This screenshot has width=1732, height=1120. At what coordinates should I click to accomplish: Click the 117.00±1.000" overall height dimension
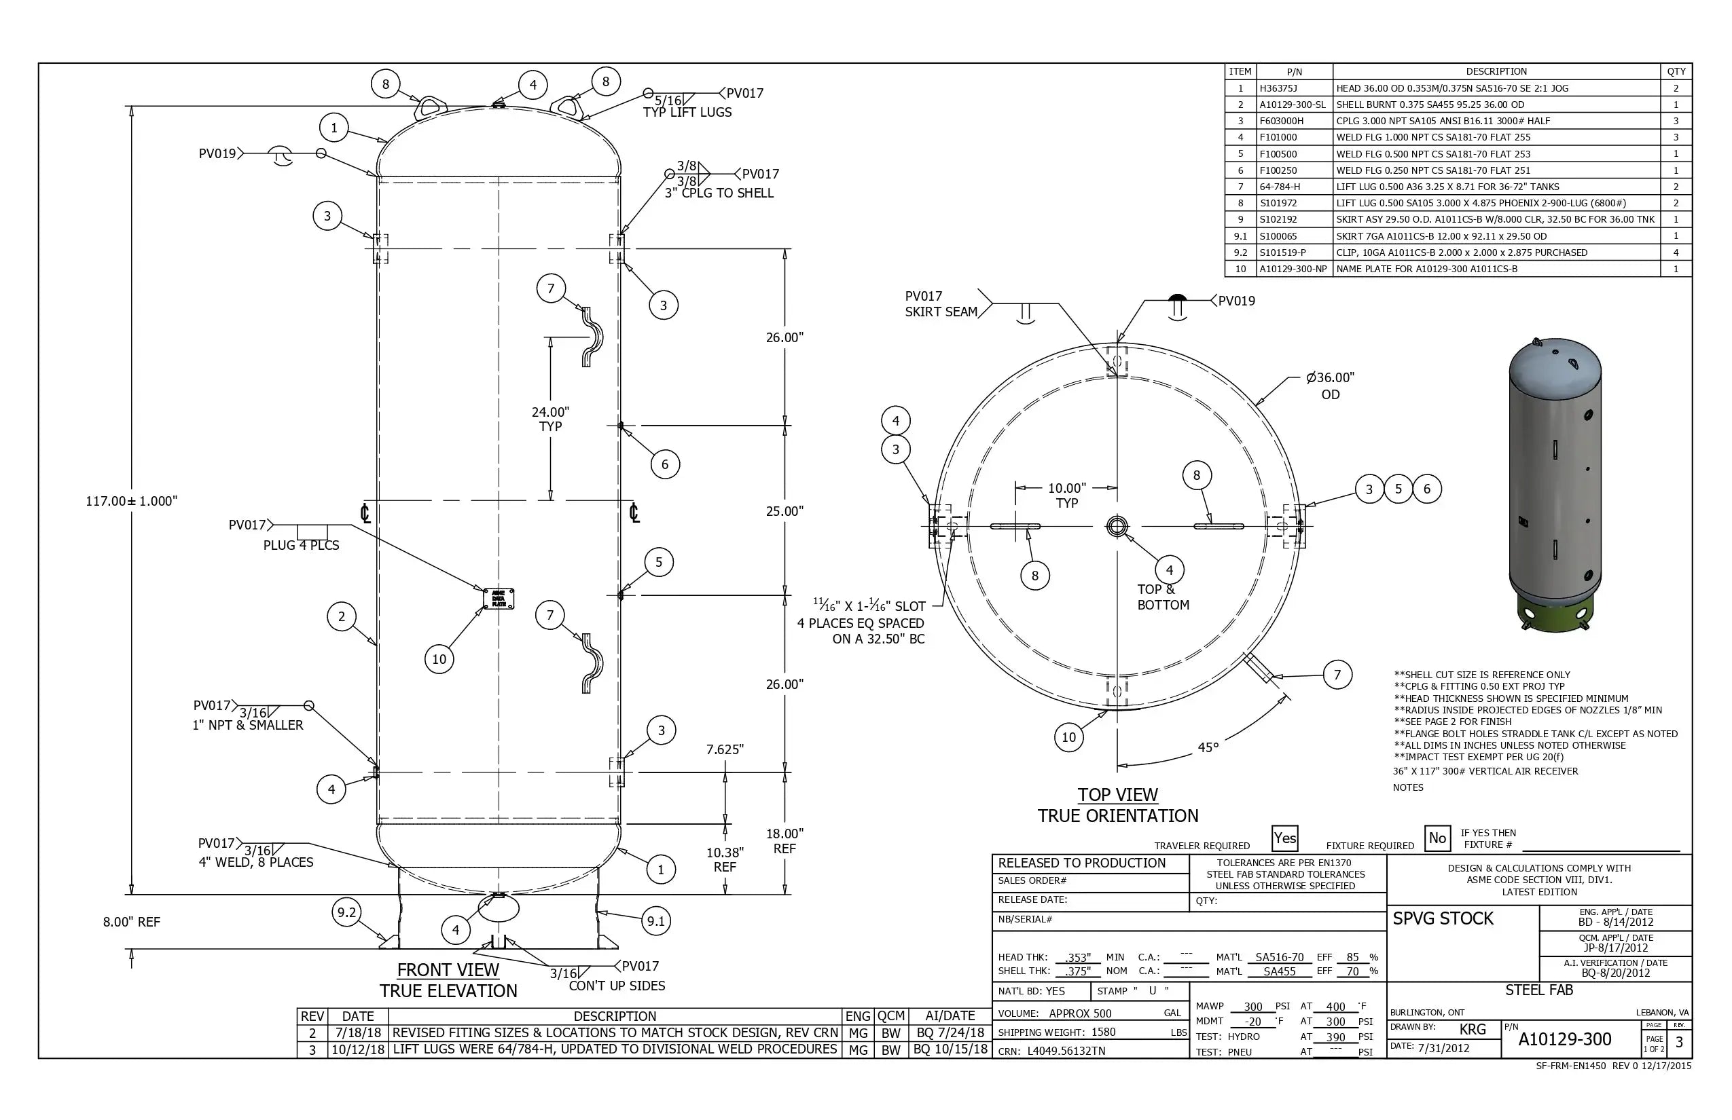click(132, 501)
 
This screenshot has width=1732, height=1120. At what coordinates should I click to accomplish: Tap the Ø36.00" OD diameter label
click(1330, 386)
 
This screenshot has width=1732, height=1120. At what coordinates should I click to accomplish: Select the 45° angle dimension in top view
click(1208, 747)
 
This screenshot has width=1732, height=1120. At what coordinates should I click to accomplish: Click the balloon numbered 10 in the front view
click(439, 659)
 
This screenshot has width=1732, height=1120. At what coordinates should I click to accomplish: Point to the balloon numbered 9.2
click(346, 913)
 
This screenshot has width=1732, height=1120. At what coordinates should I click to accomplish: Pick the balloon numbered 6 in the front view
click(664, 464)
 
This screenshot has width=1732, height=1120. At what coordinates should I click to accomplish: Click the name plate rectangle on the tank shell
click(499, 599)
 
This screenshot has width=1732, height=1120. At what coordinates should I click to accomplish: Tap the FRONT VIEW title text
click(448, 969)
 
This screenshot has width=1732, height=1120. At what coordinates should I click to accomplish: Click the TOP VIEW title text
click(1117, 795)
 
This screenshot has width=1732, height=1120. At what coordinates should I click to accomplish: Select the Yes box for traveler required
click(1284, 838)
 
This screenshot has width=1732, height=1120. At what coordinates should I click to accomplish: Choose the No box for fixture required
click(1437, 838)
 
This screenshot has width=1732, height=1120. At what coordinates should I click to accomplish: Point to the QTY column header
click(1676, 71)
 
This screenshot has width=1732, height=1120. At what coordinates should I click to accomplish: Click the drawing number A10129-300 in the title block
click(1565, 1039)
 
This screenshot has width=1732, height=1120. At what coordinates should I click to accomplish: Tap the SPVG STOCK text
click(1443, 918)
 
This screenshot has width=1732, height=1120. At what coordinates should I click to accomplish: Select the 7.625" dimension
click(725, 749)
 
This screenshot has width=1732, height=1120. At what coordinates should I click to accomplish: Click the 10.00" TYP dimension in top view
click(1067, 495)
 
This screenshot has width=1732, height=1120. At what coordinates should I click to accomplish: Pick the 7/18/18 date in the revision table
click(358, 1032)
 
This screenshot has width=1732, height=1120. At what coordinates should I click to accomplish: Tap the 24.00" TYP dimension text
click(550, 419)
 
